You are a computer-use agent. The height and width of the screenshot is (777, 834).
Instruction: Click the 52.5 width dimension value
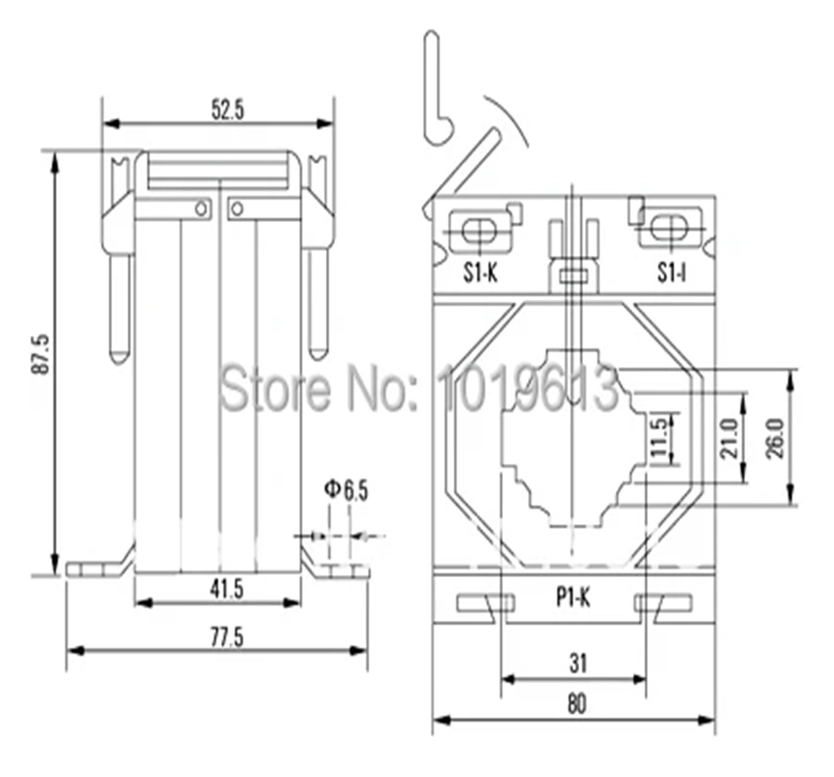point(227,110)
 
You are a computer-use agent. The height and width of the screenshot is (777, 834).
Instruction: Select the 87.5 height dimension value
point(41,354)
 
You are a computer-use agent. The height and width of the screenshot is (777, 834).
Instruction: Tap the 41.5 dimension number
point(227,589)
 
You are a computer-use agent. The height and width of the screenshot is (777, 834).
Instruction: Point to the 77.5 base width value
point(227,637)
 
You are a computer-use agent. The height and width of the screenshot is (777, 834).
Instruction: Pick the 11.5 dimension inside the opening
point(659,438)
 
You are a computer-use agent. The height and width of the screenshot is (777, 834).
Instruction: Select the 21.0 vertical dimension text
point(729,438)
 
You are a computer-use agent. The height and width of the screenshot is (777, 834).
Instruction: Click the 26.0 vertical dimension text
point(775,438)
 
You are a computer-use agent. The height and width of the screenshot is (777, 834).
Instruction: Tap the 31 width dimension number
point(578,663)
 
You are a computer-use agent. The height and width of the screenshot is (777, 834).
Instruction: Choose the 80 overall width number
point(577,704)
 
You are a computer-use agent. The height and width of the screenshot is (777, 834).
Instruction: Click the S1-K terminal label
point(481,272)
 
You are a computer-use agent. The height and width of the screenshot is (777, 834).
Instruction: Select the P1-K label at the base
point(573,598)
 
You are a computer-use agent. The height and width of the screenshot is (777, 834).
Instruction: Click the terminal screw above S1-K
point(479,230)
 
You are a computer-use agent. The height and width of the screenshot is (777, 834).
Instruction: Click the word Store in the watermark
point(275,389)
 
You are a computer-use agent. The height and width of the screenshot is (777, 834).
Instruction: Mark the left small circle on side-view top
point(201,209)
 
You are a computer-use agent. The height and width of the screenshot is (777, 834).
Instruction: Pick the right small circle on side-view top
point(237,209)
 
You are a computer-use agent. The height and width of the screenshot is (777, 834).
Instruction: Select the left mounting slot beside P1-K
point(486,603)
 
